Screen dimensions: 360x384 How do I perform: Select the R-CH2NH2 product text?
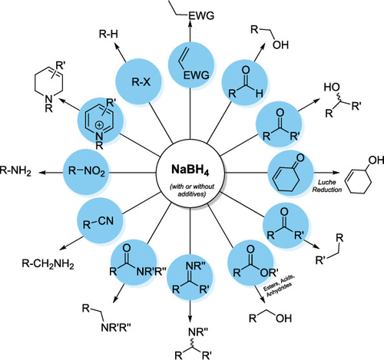[47, 266]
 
